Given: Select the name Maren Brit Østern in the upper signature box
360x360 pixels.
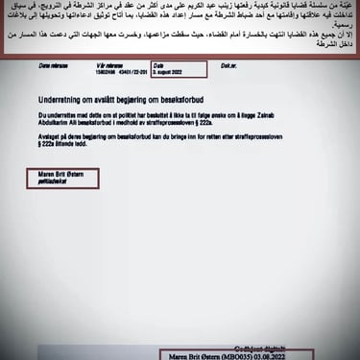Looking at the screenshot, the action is coord(60,174).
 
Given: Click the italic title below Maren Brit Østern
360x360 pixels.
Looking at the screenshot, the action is coord(53,180).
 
